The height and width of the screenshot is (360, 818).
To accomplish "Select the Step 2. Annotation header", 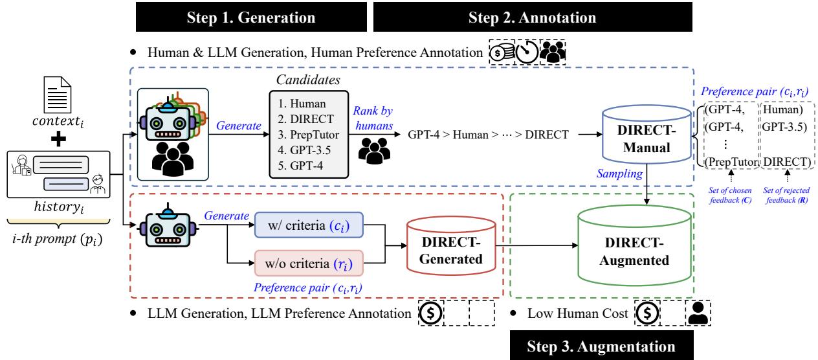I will (532, 17).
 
